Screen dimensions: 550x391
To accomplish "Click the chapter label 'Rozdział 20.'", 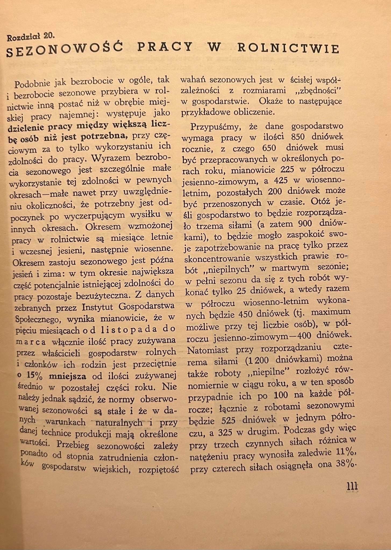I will [x=30, y=37].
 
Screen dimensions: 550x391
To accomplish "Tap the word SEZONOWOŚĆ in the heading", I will [x=65, y=49].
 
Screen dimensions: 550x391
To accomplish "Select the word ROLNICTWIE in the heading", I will [x=289, y=48].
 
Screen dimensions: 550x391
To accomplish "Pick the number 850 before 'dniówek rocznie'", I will [x=298, y=137].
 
